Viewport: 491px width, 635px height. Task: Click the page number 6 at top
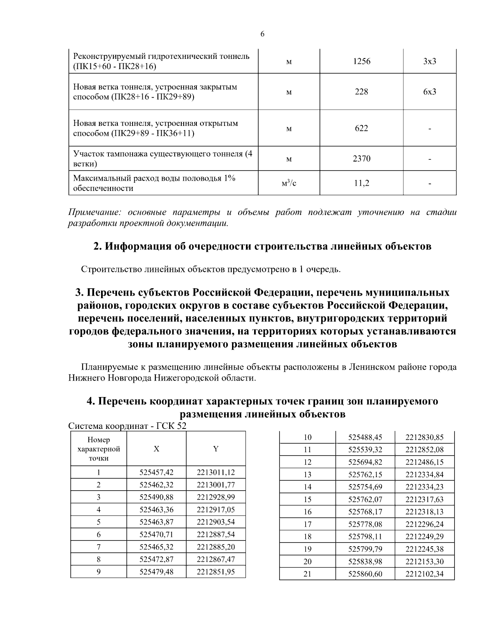262,34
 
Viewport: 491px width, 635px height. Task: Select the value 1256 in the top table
361,61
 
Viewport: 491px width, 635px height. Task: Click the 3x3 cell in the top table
430,61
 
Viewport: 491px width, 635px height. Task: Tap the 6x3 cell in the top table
430,92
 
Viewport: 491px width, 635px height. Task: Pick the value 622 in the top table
361,128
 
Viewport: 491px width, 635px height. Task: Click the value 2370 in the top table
361,159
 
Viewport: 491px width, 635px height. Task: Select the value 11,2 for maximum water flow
361,183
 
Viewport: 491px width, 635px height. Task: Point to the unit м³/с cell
289,183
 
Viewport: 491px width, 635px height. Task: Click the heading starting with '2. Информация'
262,247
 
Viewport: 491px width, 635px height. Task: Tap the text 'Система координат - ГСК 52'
127,426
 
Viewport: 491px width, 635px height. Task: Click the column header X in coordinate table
156,449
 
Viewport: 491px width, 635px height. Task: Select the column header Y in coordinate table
216,449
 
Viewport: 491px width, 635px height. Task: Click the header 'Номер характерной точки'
99,449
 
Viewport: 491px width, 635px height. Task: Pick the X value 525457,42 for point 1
156,473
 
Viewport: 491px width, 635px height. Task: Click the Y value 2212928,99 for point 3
216,497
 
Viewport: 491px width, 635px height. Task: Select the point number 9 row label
99,572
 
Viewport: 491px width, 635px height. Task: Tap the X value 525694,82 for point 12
365,462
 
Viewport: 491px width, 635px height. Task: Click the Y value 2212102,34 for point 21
424,574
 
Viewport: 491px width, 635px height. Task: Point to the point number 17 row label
308,524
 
